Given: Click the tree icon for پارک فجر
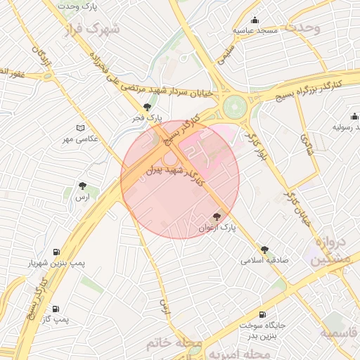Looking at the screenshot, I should pyautogui.click(x=147, y=107).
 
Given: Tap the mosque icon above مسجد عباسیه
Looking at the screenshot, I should pyautogui.click(x=255, y=20).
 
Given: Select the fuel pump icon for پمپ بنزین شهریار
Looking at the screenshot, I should pyautogui.click(x=56, y=252).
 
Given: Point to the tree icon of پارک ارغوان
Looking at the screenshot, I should pyautogui.click(x=217, y=217).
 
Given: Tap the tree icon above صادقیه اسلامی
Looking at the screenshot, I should pyautogui.click(x=265, y=250).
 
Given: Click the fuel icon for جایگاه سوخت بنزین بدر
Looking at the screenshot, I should pyautogui.click(x=263, y=314).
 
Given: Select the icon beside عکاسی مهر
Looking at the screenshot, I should pyautogui.click(x=80, y=128).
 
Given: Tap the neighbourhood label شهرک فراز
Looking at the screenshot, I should pyautogui.click(x=92, y=30).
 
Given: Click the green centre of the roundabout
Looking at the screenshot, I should pyautogui.click(x=233, y=107).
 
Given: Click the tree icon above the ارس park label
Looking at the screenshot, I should pyautogui.click(x=84, y=186).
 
